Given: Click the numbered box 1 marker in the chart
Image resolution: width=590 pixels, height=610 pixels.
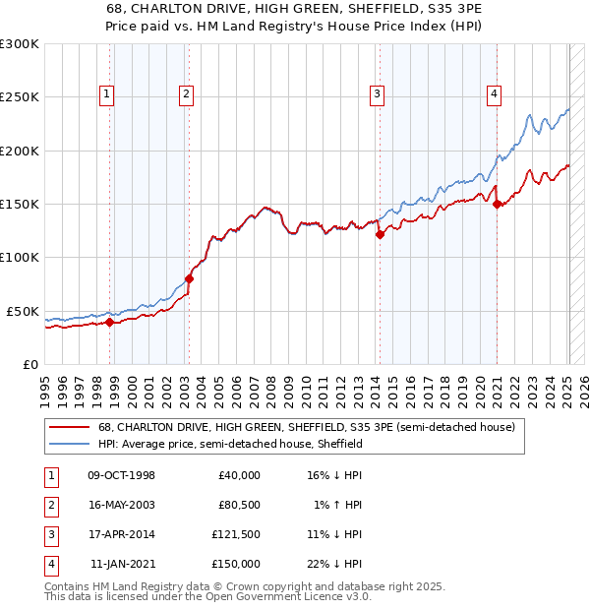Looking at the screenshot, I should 105,94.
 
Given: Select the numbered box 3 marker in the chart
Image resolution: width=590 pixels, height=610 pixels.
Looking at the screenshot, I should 377,94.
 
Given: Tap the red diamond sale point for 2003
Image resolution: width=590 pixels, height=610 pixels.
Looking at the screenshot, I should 189,278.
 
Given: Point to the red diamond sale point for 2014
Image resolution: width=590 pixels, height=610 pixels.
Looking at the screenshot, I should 380,234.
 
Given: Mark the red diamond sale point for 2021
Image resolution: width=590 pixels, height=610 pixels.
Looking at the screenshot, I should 498,205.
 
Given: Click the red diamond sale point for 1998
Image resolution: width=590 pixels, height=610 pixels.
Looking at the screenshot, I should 110,322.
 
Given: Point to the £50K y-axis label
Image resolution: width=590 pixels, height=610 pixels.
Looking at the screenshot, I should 23,311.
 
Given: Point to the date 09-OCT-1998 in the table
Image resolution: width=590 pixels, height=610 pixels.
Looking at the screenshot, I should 122,475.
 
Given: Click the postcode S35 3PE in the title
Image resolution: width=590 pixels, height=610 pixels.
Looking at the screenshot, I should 420,7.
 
